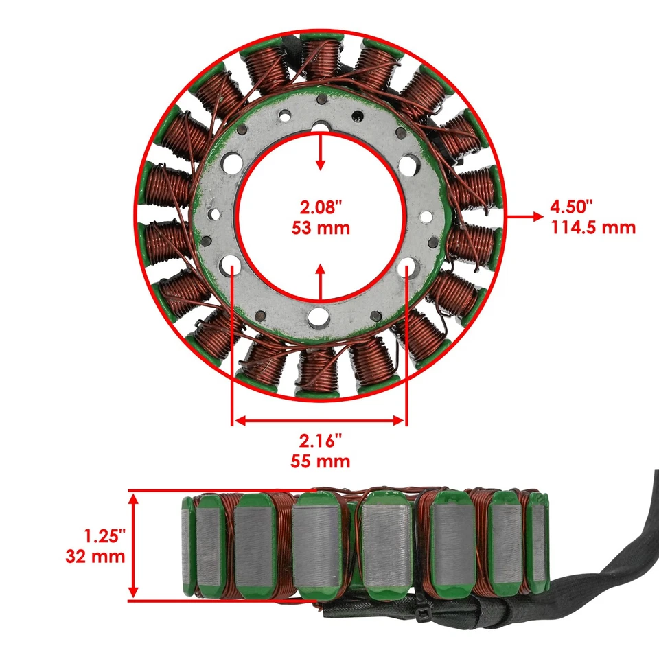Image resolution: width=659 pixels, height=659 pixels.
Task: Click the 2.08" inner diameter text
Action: click(x=319, y=207)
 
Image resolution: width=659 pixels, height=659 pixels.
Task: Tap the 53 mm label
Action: click(x=319, y=228)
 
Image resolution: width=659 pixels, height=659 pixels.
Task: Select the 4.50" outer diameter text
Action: click(x=571, y=207)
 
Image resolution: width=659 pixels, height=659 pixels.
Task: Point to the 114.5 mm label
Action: click(x=592, y=227)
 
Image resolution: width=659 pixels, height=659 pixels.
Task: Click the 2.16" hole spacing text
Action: click(x=319, y=440)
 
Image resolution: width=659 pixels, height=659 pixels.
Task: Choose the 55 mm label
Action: click(x=319, y=461)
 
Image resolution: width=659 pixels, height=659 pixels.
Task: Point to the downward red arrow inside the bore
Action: click(x=320, y=151)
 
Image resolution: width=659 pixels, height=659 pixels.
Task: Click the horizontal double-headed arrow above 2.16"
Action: click(x=319, y=419)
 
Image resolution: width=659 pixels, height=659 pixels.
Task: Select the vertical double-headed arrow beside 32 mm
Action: click(x=135, y=546)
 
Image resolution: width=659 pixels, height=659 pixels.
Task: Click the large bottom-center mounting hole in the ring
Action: click(x=319, y=316)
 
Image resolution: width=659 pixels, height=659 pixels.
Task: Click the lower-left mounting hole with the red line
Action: click(x=232, y=267)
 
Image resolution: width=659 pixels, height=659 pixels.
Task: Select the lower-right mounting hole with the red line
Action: click(x=406, y=267)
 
